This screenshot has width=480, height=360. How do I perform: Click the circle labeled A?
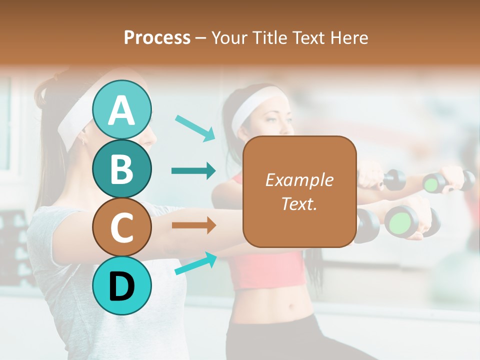click(121, 110)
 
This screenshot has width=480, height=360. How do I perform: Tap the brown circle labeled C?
click(121, 227)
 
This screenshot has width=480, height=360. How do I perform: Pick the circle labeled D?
click(121, 285)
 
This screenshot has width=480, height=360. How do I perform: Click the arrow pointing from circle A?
click(195, 127)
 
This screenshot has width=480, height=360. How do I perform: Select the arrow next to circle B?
click(193, 171)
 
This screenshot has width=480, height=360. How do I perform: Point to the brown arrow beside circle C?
click(193, 225)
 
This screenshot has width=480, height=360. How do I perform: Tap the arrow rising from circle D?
click(195, 263)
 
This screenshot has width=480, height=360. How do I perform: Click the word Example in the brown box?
click(299, 180)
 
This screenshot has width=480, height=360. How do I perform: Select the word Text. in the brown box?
click(299, 204)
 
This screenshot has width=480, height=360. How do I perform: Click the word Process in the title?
click(157, 37)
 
